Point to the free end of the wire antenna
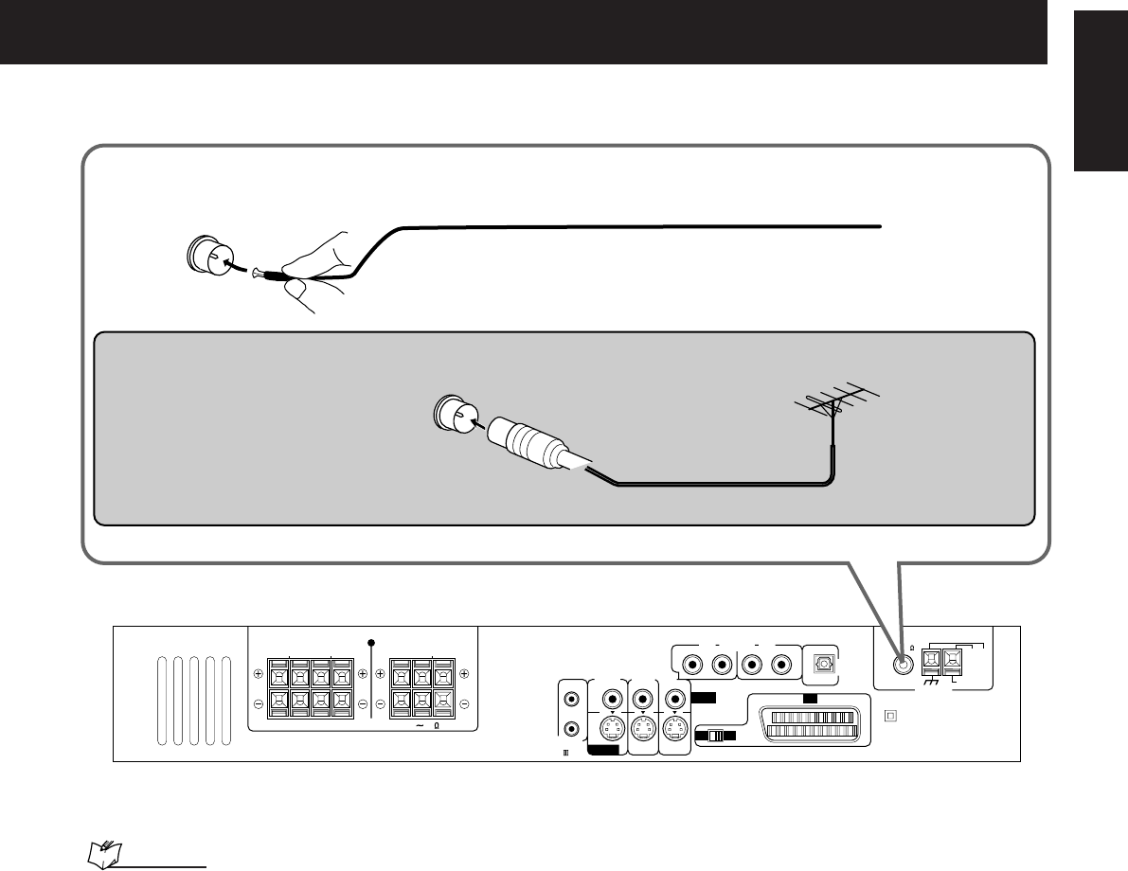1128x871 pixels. [x=880, y=226]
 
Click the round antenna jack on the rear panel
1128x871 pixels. [x=904, y=664]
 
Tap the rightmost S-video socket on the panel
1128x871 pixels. [x=675, y=731]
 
